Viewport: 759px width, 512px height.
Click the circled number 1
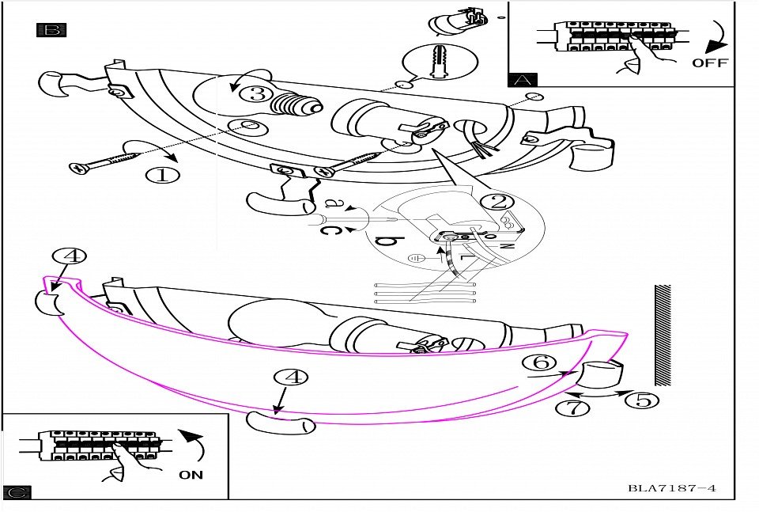coord(162,173)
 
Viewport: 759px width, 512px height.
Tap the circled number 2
coord(497,201)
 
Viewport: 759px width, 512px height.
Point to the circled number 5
coord(642,400)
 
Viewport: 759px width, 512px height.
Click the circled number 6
coord(541,362)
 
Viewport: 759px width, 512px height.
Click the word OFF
coord(709,63)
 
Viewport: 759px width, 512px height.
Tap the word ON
coord(191,475)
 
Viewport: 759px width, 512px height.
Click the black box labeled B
coord(51,31)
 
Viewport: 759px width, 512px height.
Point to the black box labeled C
coord(17,492)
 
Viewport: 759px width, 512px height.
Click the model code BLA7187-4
coord(672,488)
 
